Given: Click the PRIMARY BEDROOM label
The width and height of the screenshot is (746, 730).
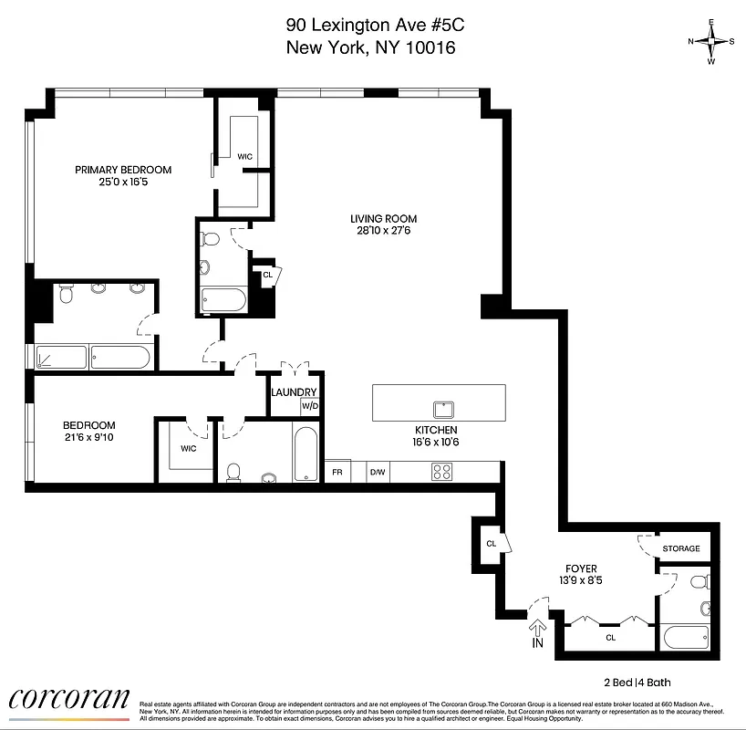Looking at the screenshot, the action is point(123,170).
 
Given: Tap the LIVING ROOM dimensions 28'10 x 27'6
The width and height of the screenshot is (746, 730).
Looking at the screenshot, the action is point(384,231).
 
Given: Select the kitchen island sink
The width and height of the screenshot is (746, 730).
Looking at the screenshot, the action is point(445,408).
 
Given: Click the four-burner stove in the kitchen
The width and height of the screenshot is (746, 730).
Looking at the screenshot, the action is point(442,472).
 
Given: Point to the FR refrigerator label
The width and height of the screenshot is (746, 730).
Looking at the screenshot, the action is point(337,473).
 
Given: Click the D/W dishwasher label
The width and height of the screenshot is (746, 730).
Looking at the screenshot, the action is point(377,473).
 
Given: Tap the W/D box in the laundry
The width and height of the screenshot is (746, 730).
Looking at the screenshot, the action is point(310,406).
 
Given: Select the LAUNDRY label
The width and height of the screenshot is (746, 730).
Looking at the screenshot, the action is point(294,392).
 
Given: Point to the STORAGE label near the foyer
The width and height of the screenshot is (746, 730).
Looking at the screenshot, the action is point(681,548).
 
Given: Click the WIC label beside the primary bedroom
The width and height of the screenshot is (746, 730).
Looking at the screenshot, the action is point(244,157).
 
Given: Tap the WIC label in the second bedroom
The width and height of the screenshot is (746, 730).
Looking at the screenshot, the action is point(188,448).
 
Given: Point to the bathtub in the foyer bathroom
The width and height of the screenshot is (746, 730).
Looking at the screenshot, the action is point(688,636).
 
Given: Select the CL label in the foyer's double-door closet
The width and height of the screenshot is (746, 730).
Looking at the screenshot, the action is point(610,637).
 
